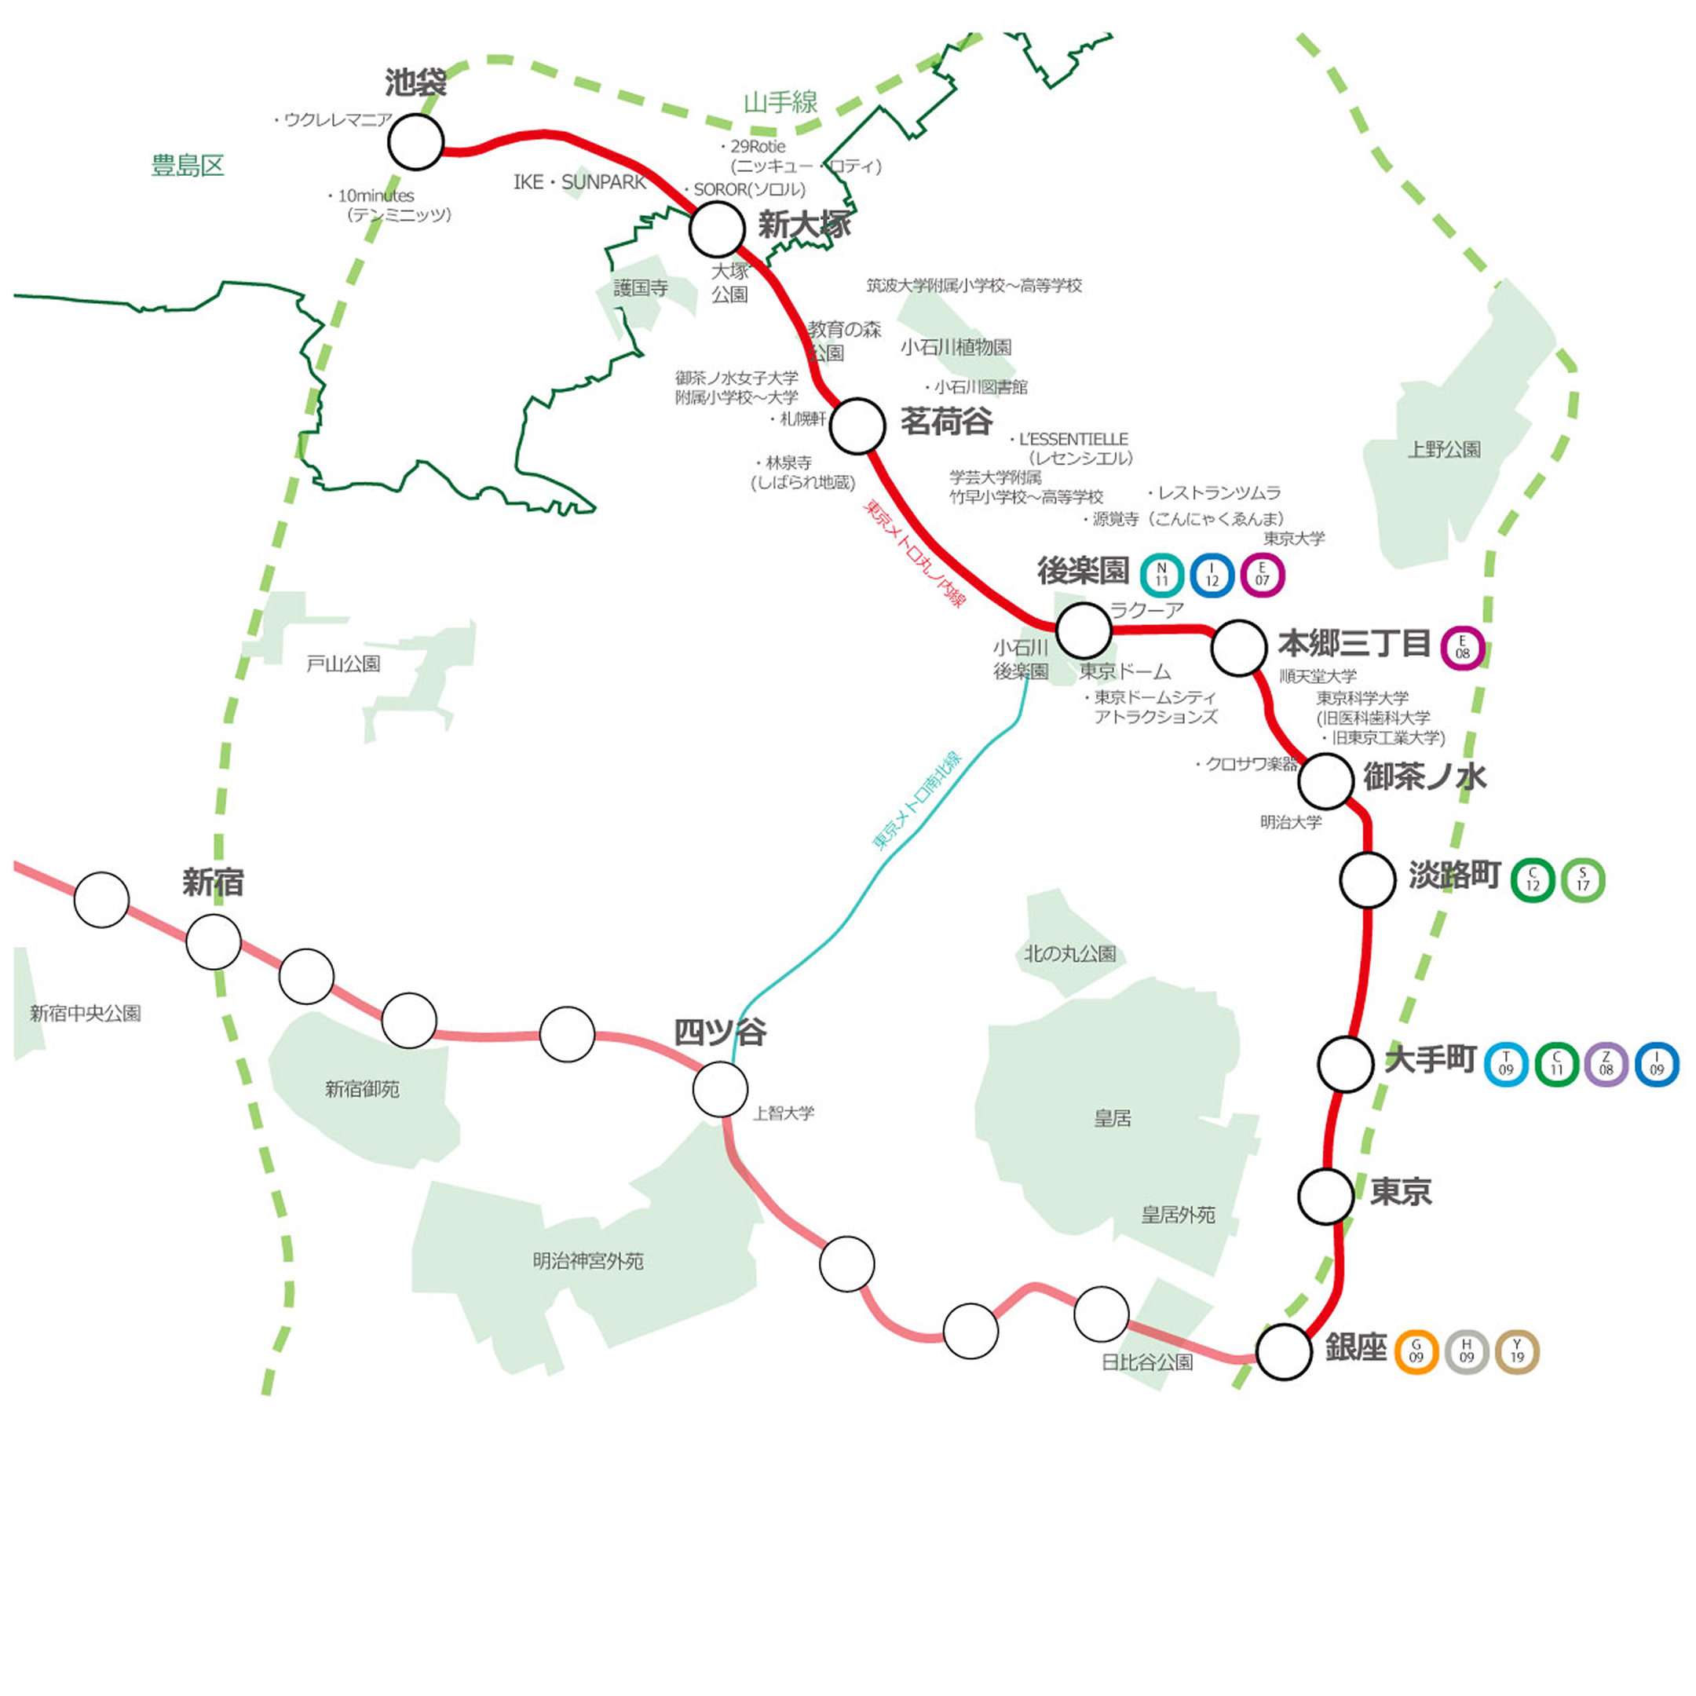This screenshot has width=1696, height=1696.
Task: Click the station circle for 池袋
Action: pyautogui.click(x=416, y=142)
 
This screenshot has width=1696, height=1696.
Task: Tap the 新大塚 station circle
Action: pyautogui.click(x=717, y=229)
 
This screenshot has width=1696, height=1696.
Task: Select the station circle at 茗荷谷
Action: pyautogui.click(x=857, y=426)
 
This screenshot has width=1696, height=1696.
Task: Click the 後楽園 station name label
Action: pyautogui.click(x=1084, y=571)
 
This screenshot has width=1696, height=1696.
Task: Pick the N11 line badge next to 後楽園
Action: pyautogui.click(x=1161, y=576)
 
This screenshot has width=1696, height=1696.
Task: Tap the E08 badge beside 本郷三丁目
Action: pyautogui.click(x=1463, y=649)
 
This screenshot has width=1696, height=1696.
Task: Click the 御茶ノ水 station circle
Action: pyautogui.click(x=1325, y=780)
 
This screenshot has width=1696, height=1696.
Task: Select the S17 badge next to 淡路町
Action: pyautogui.click(x=1583, y=879)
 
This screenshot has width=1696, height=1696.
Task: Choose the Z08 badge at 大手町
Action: pyautogui.click(x=1606, y=1064)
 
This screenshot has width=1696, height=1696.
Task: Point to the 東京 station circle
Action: pyautogui.click(x=1325, y=1196)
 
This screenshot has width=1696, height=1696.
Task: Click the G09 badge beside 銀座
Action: pyautogui.click(x=1416, y=1352)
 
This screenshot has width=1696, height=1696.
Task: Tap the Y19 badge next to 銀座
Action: pyautogui.click(x=1517, y=1352)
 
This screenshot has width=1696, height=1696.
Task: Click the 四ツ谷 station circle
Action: pyautogui.click(x=720, y=1089)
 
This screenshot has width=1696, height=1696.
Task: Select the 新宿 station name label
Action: pyautogui.click(x=213, y=883)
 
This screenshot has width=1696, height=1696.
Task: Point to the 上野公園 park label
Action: pyautogui.click(x=1444, y=449)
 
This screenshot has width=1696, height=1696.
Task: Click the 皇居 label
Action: pyautogui.click(x=1113, y=1118)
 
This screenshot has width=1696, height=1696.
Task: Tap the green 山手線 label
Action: pyautogui.click(x=780, y=103)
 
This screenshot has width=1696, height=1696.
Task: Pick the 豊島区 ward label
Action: pyautogui.click(x=188, y=165)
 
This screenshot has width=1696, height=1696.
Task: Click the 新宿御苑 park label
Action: pyautogui.click(x=362, y=1089)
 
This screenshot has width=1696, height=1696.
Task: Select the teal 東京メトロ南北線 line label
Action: pyautogui.click(x=917, y=800)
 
